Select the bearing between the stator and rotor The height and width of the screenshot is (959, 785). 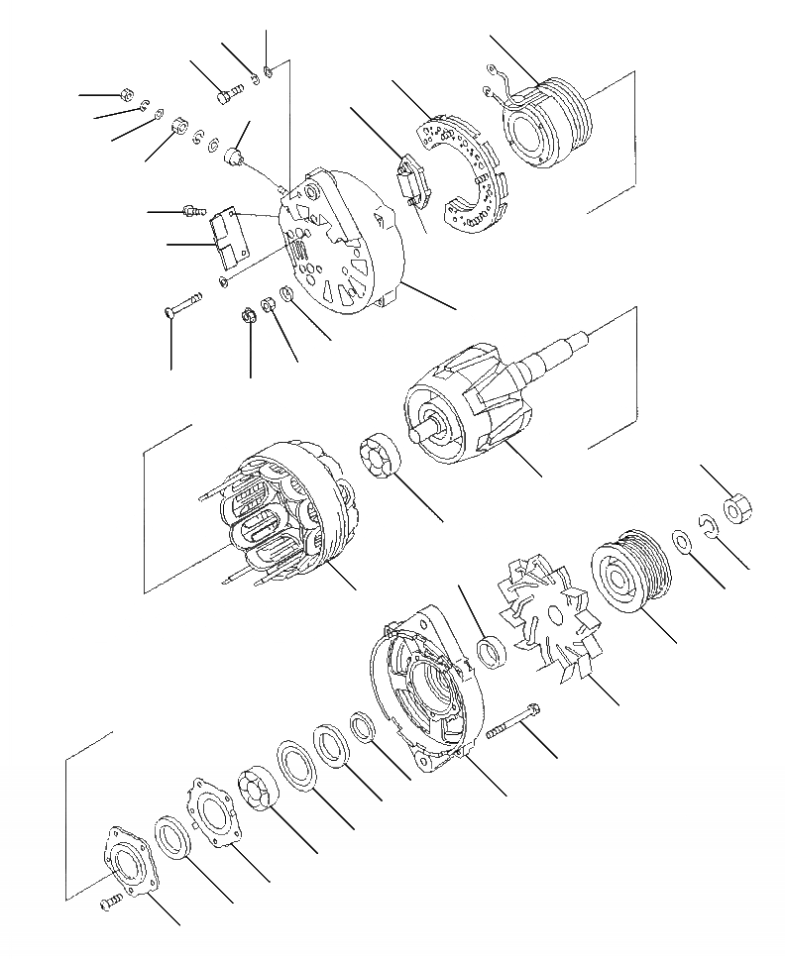(x=381, y=463)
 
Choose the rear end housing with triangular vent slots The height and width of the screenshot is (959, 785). (x=347, y=243)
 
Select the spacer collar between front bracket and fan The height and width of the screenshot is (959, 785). (x=490, y=652)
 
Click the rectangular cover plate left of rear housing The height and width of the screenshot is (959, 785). (x=229, y=238)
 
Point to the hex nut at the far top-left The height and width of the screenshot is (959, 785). (x=124, y=95)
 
